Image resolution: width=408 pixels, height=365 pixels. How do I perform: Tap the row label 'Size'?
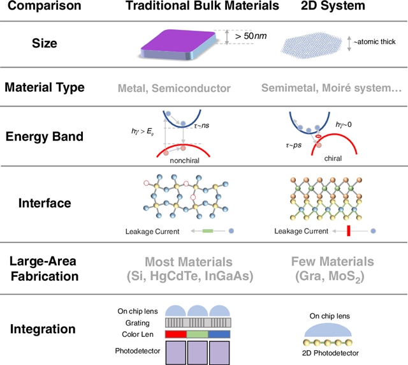coord(45,44)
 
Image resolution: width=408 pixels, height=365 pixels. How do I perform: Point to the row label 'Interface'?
coord(45,204)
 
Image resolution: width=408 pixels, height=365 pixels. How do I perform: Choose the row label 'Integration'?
coord(45,330)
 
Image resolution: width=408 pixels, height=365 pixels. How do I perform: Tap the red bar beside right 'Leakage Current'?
coord(348,231)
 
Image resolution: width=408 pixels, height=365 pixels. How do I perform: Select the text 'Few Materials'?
coord(333,262)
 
